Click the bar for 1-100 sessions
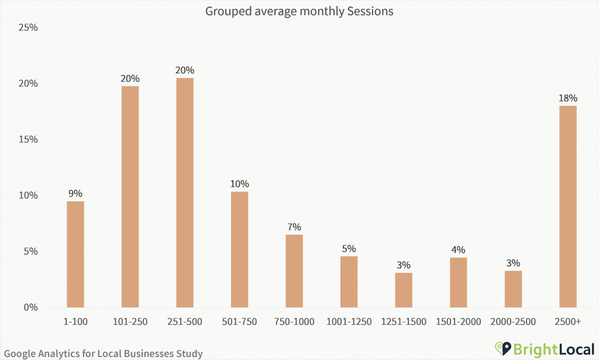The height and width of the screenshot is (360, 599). tap(75, 254)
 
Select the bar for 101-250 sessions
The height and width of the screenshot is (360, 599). tap(130, 197)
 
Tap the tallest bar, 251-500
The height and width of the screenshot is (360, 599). tap(185, 193)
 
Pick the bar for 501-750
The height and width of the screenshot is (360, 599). tap(239, 249)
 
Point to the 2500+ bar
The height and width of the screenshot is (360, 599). tap(568, 206)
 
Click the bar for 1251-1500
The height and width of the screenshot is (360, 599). tap(404, 290)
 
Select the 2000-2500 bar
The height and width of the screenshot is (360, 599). tap(513, 289)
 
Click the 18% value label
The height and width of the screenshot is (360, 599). tap(568, 98)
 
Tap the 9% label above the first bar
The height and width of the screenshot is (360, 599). tap(75, 193)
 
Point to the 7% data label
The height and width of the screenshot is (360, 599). tap(294, 227)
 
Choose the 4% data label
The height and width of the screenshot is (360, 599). tap(459, 250)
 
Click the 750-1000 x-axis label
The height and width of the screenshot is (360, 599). tap(294, 321)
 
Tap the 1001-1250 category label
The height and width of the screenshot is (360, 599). tap(349, 321)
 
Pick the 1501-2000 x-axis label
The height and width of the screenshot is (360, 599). tap(459, 321)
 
